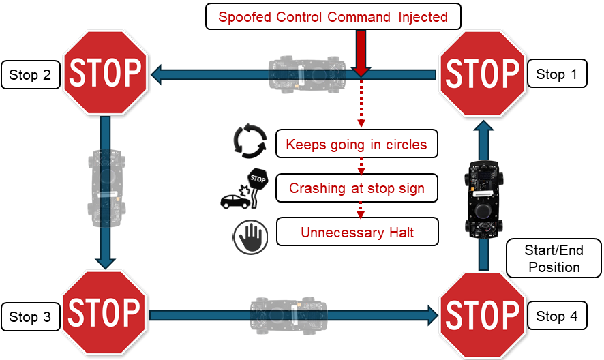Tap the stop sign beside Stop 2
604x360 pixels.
tap(106, 72)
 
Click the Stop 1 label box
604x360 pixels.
tap(557, 74)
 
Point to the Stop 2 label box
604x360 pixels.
tap(31, 75)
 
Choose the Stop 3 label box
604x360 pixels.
tap(31, 317)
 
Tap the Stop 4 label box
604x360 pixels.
tap(557, 316)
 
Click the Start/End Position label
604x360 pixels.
tap(554, 258)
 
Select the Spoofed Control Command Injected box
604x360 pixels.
tap(333, 17)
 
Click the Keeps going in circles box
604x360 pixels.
tap(357, 145)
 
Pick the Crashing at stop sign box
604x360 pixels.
tap(357, 188)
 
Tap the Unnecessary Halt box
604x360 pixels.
tap(357, 232)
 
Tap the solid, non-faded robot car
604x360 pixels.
tap(485, 198)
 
